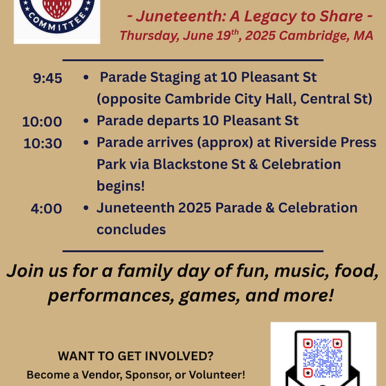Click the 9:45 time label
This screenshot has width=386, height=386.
tap(48, 78)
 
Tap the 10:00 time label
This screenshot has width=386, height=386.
tap(42, 121)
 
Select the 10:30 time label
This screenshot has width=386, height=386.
tap(42, 143)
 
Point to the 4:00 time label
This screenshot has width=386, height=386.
tap(46, 208)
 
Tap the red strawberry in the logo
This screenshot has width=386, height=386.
tap(57, 6)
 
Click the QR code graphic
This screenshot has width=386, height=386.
tap(322, 355)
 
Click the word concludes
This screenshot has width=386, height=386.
tap(131, 230)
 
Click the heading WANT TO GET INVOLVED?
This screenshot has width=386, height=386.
tap(136, 356)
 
